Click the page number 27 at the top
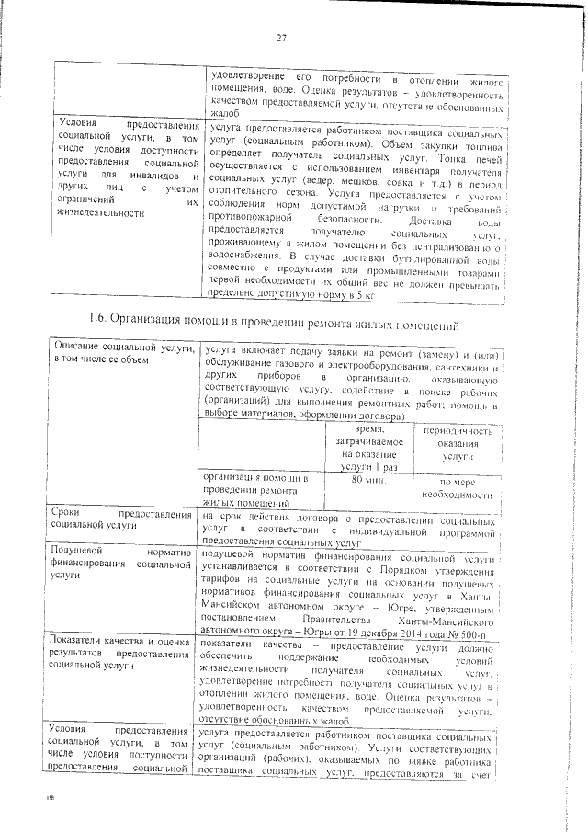coord(283,37)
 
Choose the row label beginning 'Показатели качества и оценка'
coord(124,648)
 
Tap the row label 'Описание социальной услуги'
coord(124,352)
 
